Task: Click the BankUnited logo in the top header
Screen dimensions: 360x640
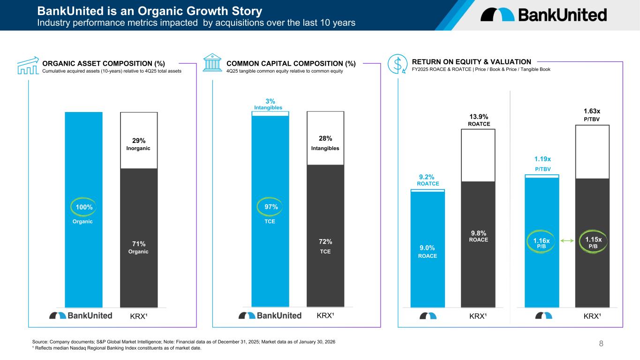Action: (x=543, y=15)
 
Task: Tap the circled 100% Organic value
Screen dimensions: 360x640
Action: (x=83, y=207)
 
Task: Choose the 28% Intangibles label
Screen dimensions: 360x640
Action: (x=326, y=142)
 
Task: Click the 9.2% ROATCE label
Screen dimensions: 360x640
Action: (x=428, y=180)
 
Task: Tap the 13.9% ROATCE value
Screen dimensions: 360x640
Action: (x=479, y=120)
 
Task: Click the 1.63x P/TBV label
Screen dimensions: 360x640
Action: (x=592, y=115)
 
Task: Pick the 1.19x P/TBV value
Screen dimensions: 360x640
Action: (x=542, y=163)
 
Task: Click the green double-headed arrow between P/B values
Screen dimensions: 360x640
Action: (x=567, y=241)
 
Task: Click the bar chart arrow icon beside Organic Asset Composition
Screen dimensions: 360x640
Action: (x=28, y=65)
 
